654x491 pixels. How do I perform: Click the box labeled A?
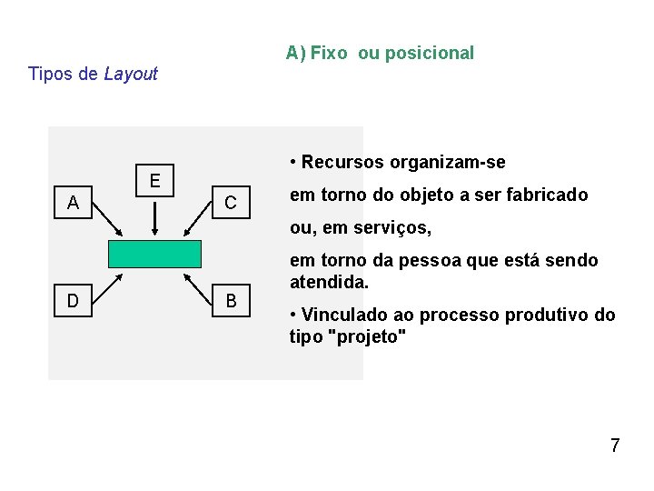73,202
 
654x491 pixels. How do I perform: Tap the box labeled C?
231,202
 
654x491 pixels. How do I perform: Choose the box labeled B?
231,300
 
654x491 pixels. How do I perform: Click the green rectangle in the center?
154,254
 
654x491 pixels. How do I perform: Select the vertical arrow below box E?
155,218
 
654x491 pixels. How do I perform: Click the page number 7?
615,446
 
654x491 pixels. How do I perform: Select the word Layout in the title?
131,74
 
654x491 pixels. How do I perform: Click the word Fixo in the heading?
328,53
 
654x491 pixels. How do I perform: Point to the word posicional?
429,53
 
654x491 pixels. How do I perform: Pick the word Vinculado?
340,315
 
